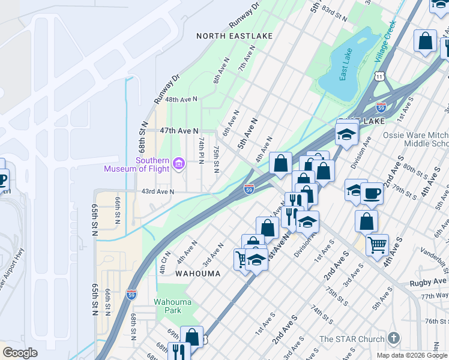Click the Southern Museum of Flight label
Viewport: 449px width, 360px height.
click(x=136, y=164)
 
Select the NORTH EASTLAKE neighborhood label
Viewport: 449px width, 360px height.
click(x=235, y=36)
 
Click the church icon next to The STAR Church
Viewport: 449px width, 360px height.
click(x=394, y=338)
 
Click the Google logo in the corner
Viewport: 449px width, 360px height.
click(x=20, y=353)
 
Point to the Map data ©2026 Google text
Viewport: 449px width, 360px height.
click(x=412, y=355)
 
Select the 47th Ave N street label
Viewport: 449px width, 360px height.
click(x=179, y=130)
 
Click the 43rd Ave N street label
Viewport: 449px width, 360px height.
click(x=157, y=192)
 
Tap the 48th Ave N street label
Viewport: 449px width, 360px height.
click(x=181, y=99)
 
